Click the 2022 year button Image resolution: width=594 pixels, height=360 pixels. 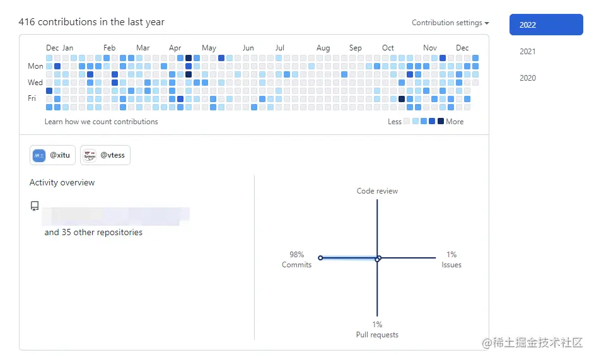(x=546, y=25)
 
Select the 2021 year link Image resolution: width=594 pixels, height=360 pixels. (x=528, y=52)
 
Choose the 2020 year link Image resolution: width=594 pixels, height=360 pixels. (x=528, y=78)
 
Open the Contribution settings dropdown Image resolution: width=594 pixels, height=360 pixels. (x=450, y=23)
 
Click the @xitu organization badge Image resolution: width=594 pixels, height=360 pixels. (x=52, y=155)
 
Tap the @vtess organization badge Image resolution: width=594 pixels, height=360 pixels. (x=106, y=155)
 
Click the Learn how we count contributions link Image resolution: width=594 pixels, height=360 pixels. (x=101, y=122)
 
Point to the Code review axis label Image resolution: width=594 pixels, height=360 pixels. (x=377, y=191)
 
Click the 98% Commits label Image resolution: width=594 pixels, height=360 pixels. (x=296, y=260)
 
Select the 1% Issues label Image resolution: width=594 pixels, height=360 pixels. (x=451, y=260)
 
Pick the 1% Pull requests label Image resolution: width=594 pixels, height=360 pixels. (x=377, y=330)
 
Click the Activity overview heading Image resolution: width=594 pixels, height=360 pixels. (x=62, y=183)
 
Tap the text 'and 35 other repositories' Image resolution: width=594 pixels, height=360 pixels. (x=93, y=233)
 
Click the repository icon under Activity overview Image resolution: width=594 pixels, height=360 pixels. (x=35, y=206)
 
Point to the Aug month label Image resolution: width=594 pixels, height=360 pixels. (x=323, y=48)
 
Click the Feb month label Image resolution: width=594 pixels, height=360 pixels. (x=110, y=48)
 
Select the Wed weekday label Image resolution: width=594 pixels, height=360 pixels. (x=35, y=83)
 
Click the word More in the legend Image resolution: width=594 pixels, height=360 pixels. (x=455, y=122)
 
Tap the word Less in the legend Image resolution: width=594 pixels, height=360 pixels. (x=395, y=122)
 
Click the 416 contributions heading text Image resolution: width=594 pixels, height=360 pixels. (x=91, y=22)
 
